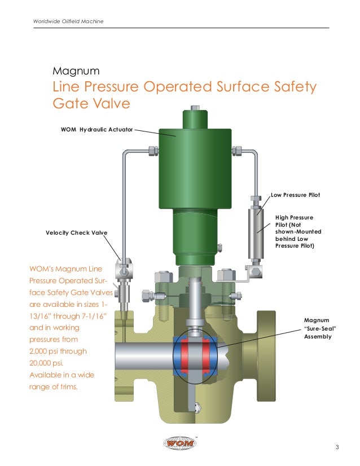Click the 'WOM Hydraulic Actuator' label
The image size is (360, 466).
(x=96, y=130)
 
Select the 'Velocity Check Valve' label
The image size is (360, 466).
(x=76, y=232)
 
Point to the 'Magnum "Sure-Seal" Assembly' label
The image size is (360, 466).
(x=317, y=328)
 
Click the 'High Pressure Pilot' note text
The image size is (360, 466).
(x=295, y=231)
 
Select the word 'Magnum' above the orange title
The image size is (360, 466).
(x=76, y=72)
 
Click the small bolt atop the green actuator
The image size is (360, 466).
(x=195, y=108)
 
